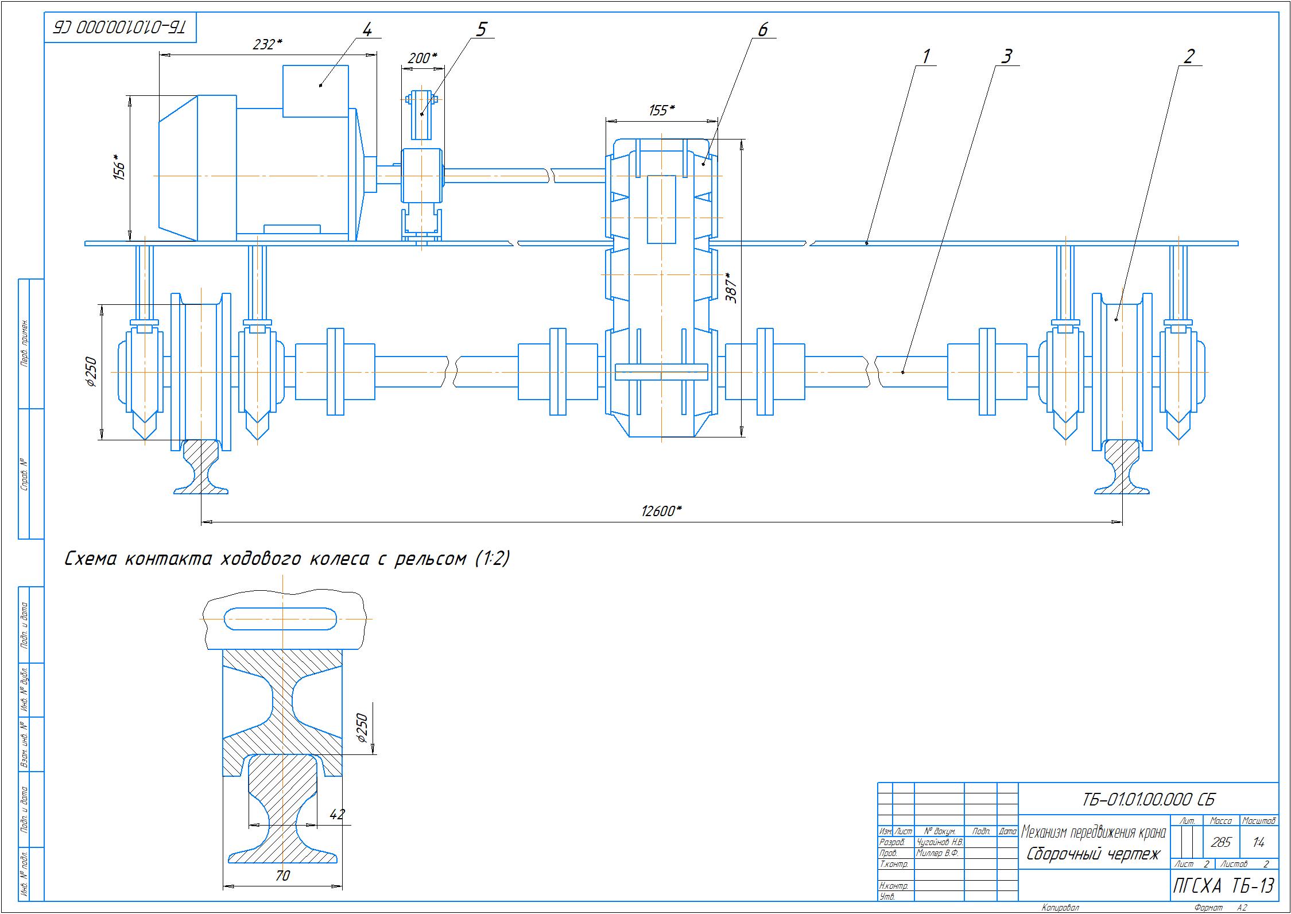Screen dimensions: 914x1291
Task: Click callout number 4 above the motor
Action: click(367, 29)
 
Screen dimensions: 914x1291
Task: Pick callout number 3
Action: click(1006, 56)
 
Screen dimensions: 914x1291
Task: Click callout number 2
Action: click(1189, 56)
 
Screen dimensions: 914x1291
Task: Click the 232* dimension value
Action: click(267, 45)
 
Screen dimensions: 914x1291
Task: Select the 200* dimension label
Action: click(422, 58)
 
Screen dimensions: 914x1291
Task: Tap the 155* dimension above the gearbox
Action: click(661, 110)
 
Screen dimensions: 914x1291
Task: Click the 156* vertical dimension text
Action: click(119, 167)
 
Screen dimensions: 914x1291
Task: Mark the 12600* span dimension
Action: click(661, 512)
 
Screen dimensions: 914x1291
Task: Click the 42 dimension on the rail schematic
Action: click(338, 814)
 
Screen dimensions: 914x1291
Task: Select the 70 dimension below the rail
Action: click(282, 876)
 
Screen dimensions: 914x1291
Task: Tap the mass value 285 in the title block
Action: click(1220, 842)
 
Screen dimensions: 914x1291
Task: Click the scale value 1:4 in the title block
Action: click(1259, 842)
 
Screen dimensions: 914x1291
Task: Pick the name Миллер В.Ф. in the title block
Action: click(937, 853)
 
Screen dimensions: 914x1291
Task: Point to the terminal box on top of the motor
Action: click(315, 91)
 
